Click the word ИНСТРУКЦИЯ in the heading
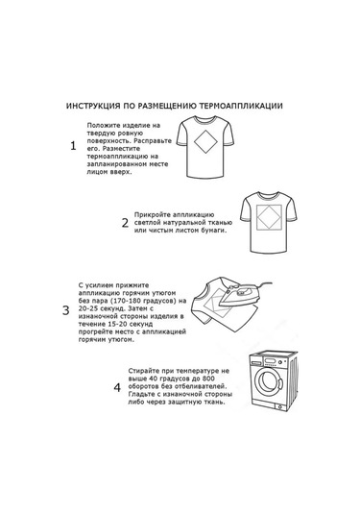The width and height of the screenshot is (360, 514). (x=93, y=106)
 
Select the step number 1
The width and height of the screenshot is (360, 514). (x=73, y=146)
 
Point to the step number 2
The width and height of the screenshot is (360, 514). (x=125, y=223)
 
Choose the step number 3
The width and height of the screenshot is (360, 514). (x=66, y=310)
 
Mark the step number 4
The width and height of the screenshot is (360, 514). (x=117, y=388)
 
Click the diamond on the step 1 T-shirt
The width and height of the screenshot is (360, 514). (x=205, y=142)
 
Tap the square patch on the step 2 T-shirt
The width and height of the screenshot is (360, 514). (x=269, y=217)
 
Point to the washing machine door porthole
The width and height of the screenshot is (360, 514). (x=269, y=381)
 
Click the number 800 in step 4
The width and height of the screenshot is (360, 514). (x=208, y=379)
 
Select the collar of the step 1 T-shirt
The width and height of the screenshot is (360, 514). (x=205, y=120)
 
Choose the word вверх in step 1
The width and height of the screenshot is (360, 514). (x=122, y=172)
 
